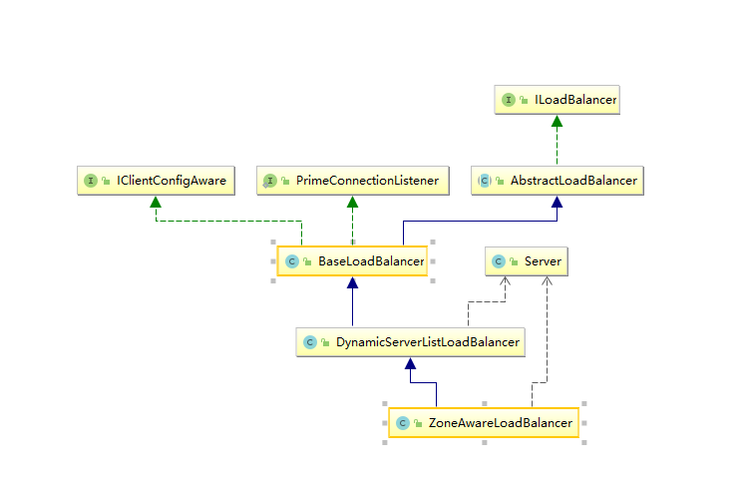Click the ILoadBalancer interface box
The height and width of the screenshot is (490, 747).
click(x=558, y=100)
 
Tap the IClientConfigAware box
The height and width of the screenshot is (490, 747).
click(x=156, y=181)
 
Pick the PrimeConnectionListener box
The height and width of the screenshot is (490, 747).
click(x=352, y=181)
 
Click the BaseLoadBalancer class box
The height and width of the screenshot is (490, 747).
click(x=352, y=261)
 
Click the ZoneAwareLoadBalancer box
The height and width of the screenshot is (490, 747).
click(x=483, y=423)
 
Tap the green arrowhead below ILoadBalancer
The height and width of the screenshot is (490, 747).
click(x=558, y=122)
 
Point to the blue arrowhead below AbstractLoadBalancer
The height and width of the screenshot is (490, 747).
click(x=558, y=203)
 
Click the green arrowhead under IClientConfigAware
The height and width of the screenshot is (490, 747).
click(x=156, y=203)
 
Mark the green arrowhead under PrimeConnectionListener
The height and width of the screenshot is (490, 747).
click(x=352, y=203)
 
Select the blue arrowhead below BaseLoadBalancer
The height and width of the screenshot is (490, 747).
click(x=352, y=283)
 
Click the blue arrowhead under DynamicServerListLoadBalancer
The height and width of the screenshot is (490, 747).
click(x=409, y=364)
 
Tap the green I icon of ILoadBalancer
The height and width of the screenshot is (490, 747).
click(x=509, y=100)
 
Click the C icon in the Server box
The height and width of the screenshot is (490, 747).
click(x=497, y=261)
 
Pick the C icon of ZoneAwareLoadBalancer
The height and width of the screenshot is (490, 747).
click(x=401, y=423)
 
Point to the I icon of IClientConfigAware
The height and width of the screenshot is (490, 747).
click(x=91, y=181)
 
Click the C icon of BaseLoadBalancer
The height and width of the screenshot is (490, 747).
click(x=291, y=261)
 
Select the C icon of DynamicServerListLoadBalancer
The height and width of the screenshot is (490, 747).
click(x=310, y=342)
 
